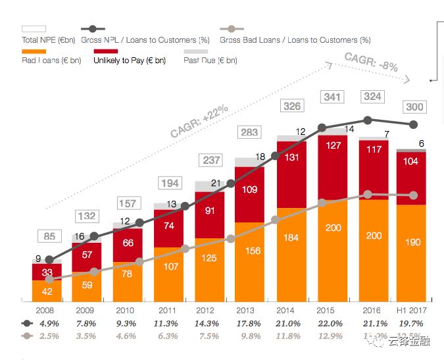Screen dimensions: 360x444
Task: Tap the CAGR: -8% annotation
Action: click(x=371, y=62)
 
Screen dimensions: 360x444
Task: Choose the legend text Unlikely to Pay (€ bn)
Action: click(x=129, y=61)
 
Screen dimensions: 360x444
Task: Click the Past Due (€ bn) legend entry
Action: click(x=210, y=61)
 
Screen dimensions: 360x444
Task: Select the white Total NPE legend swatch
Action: click(x=34, y=29)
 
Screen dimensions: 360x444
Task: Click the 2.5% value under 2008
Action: click(x=49, y=336)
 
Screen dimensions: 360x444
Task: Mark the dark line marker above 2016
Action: click(x=368, y=120)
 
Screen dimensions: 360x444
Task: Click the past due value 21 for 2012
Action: click(x=216, y=184)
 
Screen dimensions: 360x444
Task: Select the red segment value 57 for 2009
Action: click(x=86, y=255)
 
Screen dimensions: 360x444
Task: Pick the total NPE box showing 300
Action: click(x=414, y=107)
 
